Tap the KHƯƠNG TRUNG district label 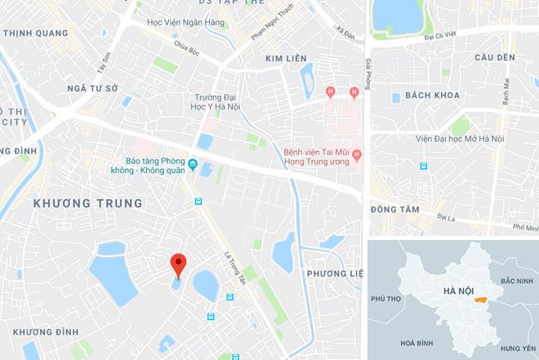click(88, 202)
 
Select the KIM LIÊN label click(287, 59)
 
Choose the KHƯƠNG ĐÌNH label click(46, 331)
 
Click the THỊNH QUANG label click(37, 33)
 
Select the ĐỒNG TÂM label click(394, 210)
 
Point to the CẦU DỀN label click(495, 58)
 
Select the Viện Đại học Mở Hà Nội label click(459, 139)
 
